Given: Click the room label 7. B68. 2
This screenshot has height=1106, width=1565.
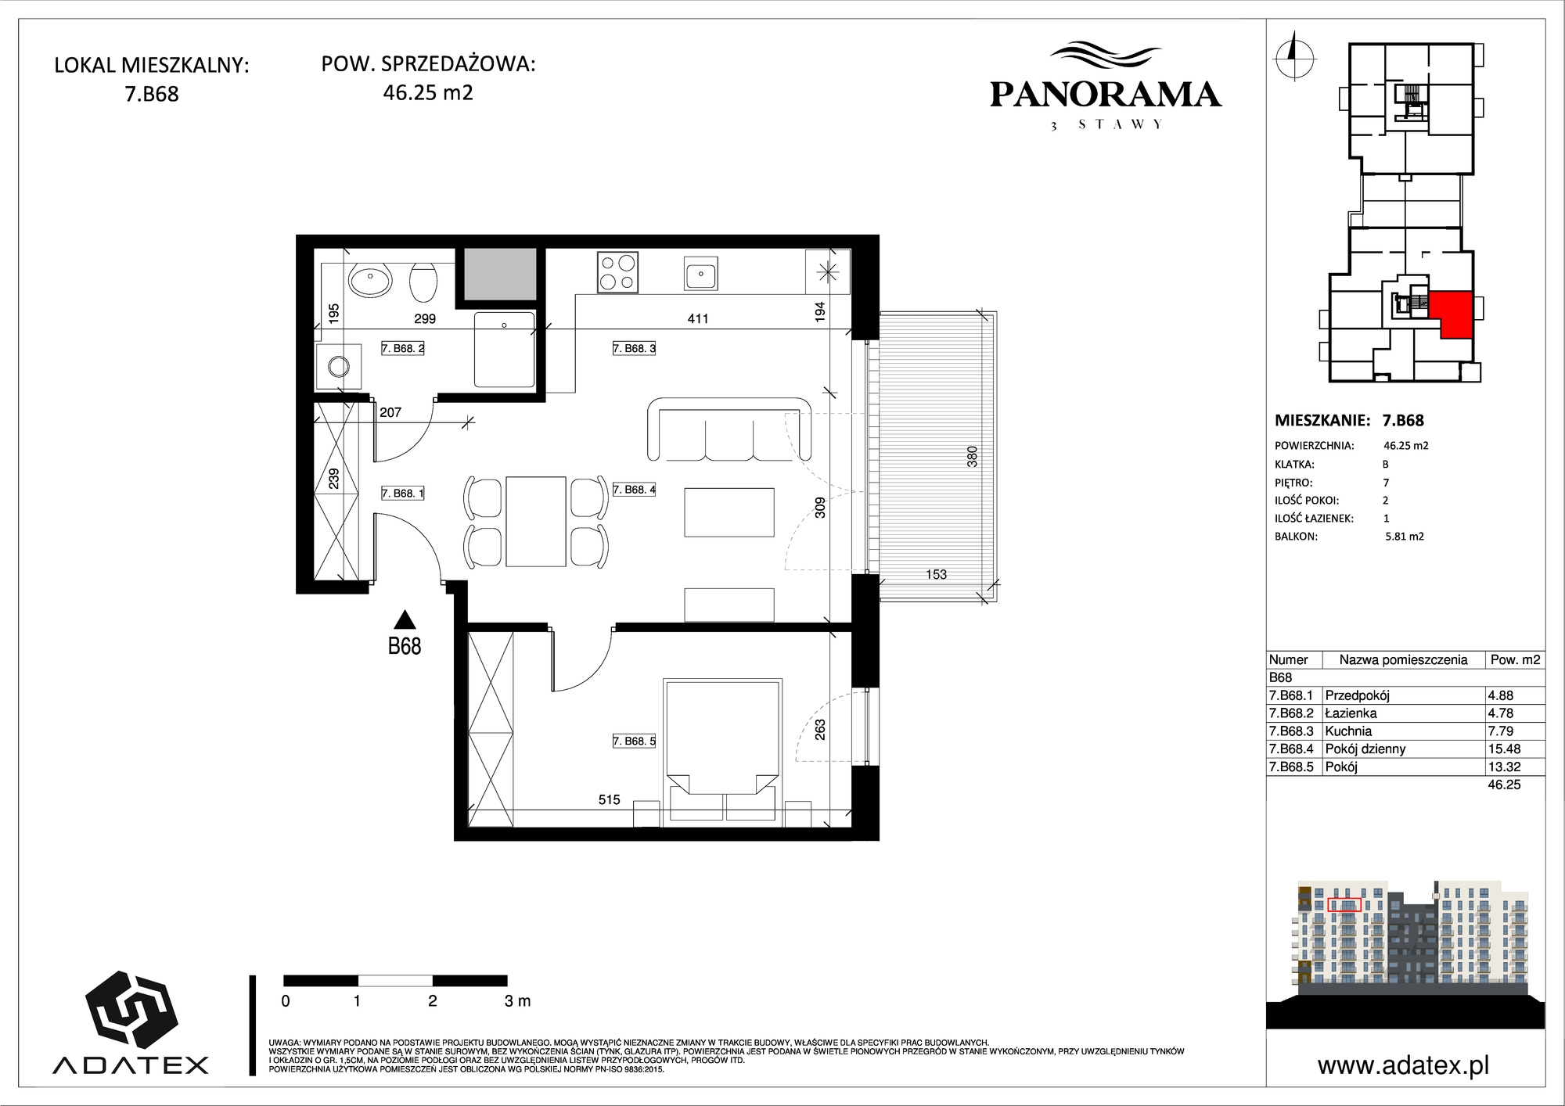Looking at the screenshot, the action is pyautogui.click(x=402, y=348).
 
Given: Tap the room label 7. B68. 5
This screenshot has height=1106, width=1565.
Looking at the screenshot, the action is pyautogui.click(x=634, y=741).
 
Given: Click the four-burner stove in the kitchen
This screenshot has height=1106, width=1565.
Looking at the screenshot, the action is pyautogui.click(x=617, y=272).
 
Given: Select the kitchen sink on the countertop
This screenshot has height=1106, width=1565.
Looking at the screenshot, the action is pyautogui.click(x=700, y=273).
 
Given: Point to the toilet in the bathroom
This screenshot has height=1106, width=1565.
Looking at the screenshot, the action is pyautogui.click(x=423, y=282).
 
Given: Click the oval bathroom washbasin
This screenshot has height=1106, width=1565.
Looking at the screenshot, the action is pyautogui.click(x=371, y=281).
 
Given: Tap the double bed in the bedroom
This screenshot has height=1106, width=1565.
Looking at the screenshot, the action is pyautogui.click(x=722, y=751).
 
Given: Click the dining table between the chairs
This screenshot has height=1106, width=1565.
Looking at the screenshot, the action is pyautogui.click(x=535, y=521).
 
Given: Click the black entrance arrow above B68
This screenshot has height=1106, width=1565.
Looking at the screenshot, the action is pyautogui.click(x=405, y=619).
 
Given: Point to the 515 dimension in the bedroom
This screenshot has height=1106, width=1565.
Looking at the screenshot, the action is pyautogui.click(x=609, y=799).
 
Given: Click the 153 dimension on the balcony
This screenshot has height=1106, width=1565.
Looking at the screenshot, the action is pyautogui.click(x=936, y=574).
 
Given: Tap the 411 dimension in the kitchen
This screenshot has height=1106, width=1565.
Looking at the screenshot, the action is pyautogui.click(x=697, y=318).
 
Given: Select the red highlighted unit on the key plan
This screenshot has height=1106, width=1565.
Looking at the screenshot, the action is pyautogui.click(x=1452, y=313).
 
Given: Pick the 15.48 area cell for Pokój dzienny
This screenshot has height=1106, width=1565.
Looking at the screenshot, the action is pyautogui.click(x=1504, y=749).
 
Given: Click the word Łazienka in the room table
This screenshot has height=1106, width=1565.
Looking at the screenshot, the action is pyautogui.click(x=1351, y=713).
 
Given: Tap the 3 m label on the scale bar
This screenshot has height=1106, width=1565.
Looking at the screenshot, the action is pyautogui.click(x=517, y=1000).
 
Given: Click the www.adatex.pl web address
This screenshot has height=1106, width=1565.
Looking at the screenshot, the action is pyautogui.click(x=1403, y=1065).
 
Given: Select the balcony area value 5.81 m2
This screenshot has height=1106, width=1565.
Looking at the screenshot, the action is pyautogui.click(x=1405, y=537).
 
